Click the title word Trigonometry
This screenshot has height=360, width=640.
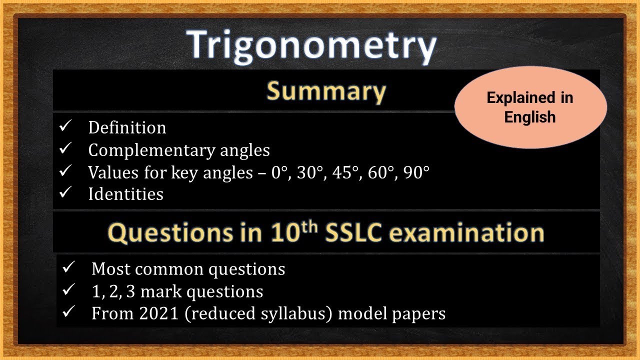pos(312,46)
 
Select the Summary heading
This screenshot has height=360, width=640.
pos(326,91)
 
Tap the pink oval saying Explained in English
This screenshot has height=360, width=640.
pos(530,107)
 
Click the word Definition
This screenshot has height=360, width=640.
pos(127,128)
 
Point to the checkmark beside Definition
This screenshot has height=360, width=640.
pos(66,127)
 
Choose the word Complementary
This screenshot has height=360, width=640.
pos(150,150)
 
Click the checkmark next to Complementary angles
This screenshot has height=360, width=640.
pos(66,149)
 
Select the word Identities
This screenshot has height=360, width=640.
pos(125,194)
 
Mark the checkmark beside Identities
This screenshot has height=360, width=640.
pos(66,193)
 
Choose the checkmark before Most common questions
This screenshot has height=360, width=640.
pos(68,268)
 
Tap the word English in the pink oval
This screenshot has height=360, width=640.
pos(530,117)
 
